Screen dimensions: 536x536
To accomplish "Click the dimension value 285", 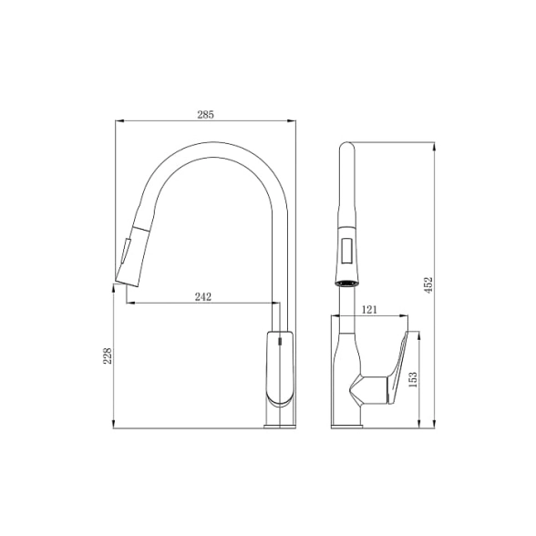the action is pyautogui.click(x=205, y=115).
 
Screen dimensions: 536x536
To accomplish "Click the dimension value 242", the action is pyautogui.click(x=203, y=297).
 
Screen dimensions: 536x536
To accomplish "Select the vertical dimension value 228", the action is pyautogui.click(x=108, y=356).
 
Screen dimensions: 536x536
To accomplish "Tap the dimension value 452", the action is pyautogui.click(x=428, y=284).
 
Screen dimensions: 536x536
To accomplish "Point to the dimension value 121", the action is pyautogui.click(x=369, y=310).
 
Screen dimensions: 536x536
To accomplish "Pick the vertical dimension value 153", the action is pyautogui.click(x=413, y=379).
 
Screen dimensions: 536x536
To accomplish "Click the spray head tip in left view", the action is pyautogui.click(x=128, y=283).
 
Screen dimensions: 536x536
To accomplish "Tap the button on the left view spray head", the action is pyautogui.click(x=125, y=251).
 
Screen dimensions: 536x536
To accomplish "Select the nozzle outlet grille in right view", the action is pyautogui.click(x=347, y=283).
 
